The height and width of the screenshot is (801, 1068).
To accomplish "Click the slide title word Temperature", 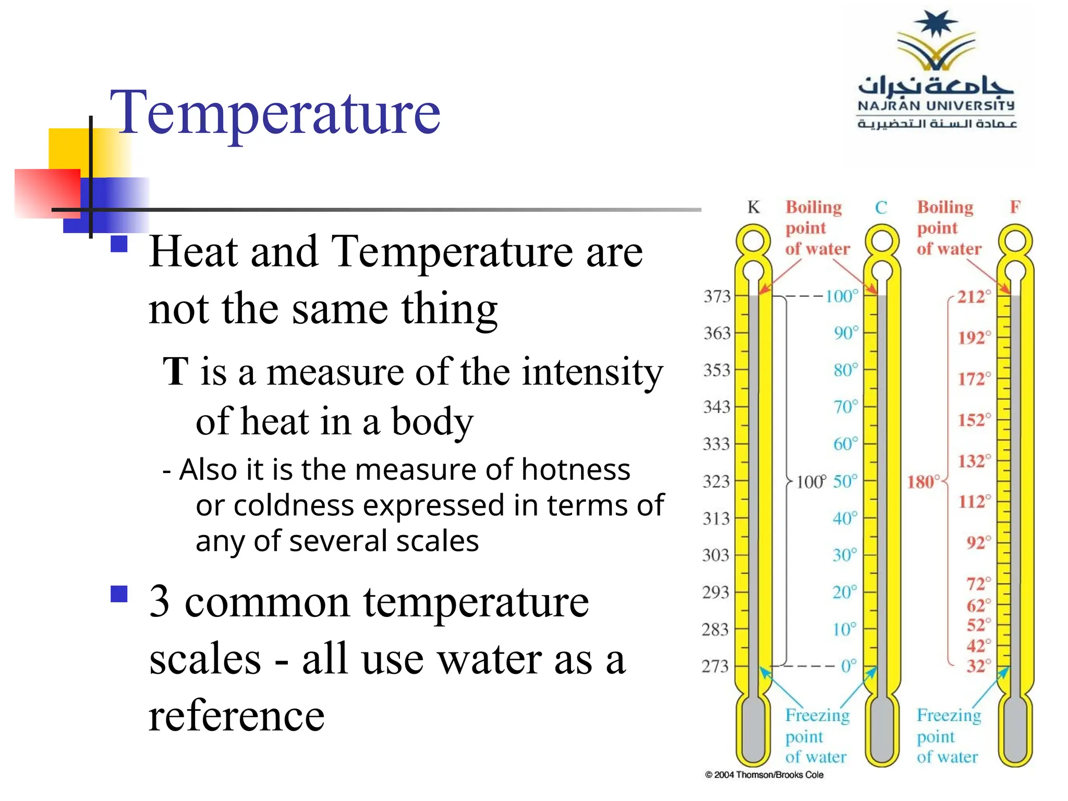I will point(275,113).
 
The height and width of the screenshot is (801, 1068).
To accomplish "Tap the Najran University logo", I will point(937,71).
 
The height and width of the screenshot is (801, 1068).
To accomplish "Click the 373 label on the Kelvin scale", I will point(718,296).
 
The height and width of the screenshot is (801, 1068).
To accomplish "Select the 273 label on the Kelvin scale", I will point(715,666).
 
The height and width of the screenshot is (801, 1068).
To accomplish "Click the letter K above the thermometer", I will point(754,207).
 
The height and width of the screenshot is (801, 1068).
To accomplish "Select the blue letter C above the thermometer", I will point(881,208).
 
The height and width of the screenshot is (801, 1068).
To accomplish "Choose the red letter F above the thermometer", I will point(1015,207).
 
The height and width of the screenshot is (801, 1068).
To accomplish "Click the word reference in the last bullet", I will point(237,715).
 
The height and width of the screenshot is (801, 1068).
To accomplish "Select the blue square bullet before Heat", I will point(119,244).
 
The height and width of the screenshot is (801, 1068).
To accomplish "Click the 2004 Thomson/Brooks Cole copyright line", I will point(764,775).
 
